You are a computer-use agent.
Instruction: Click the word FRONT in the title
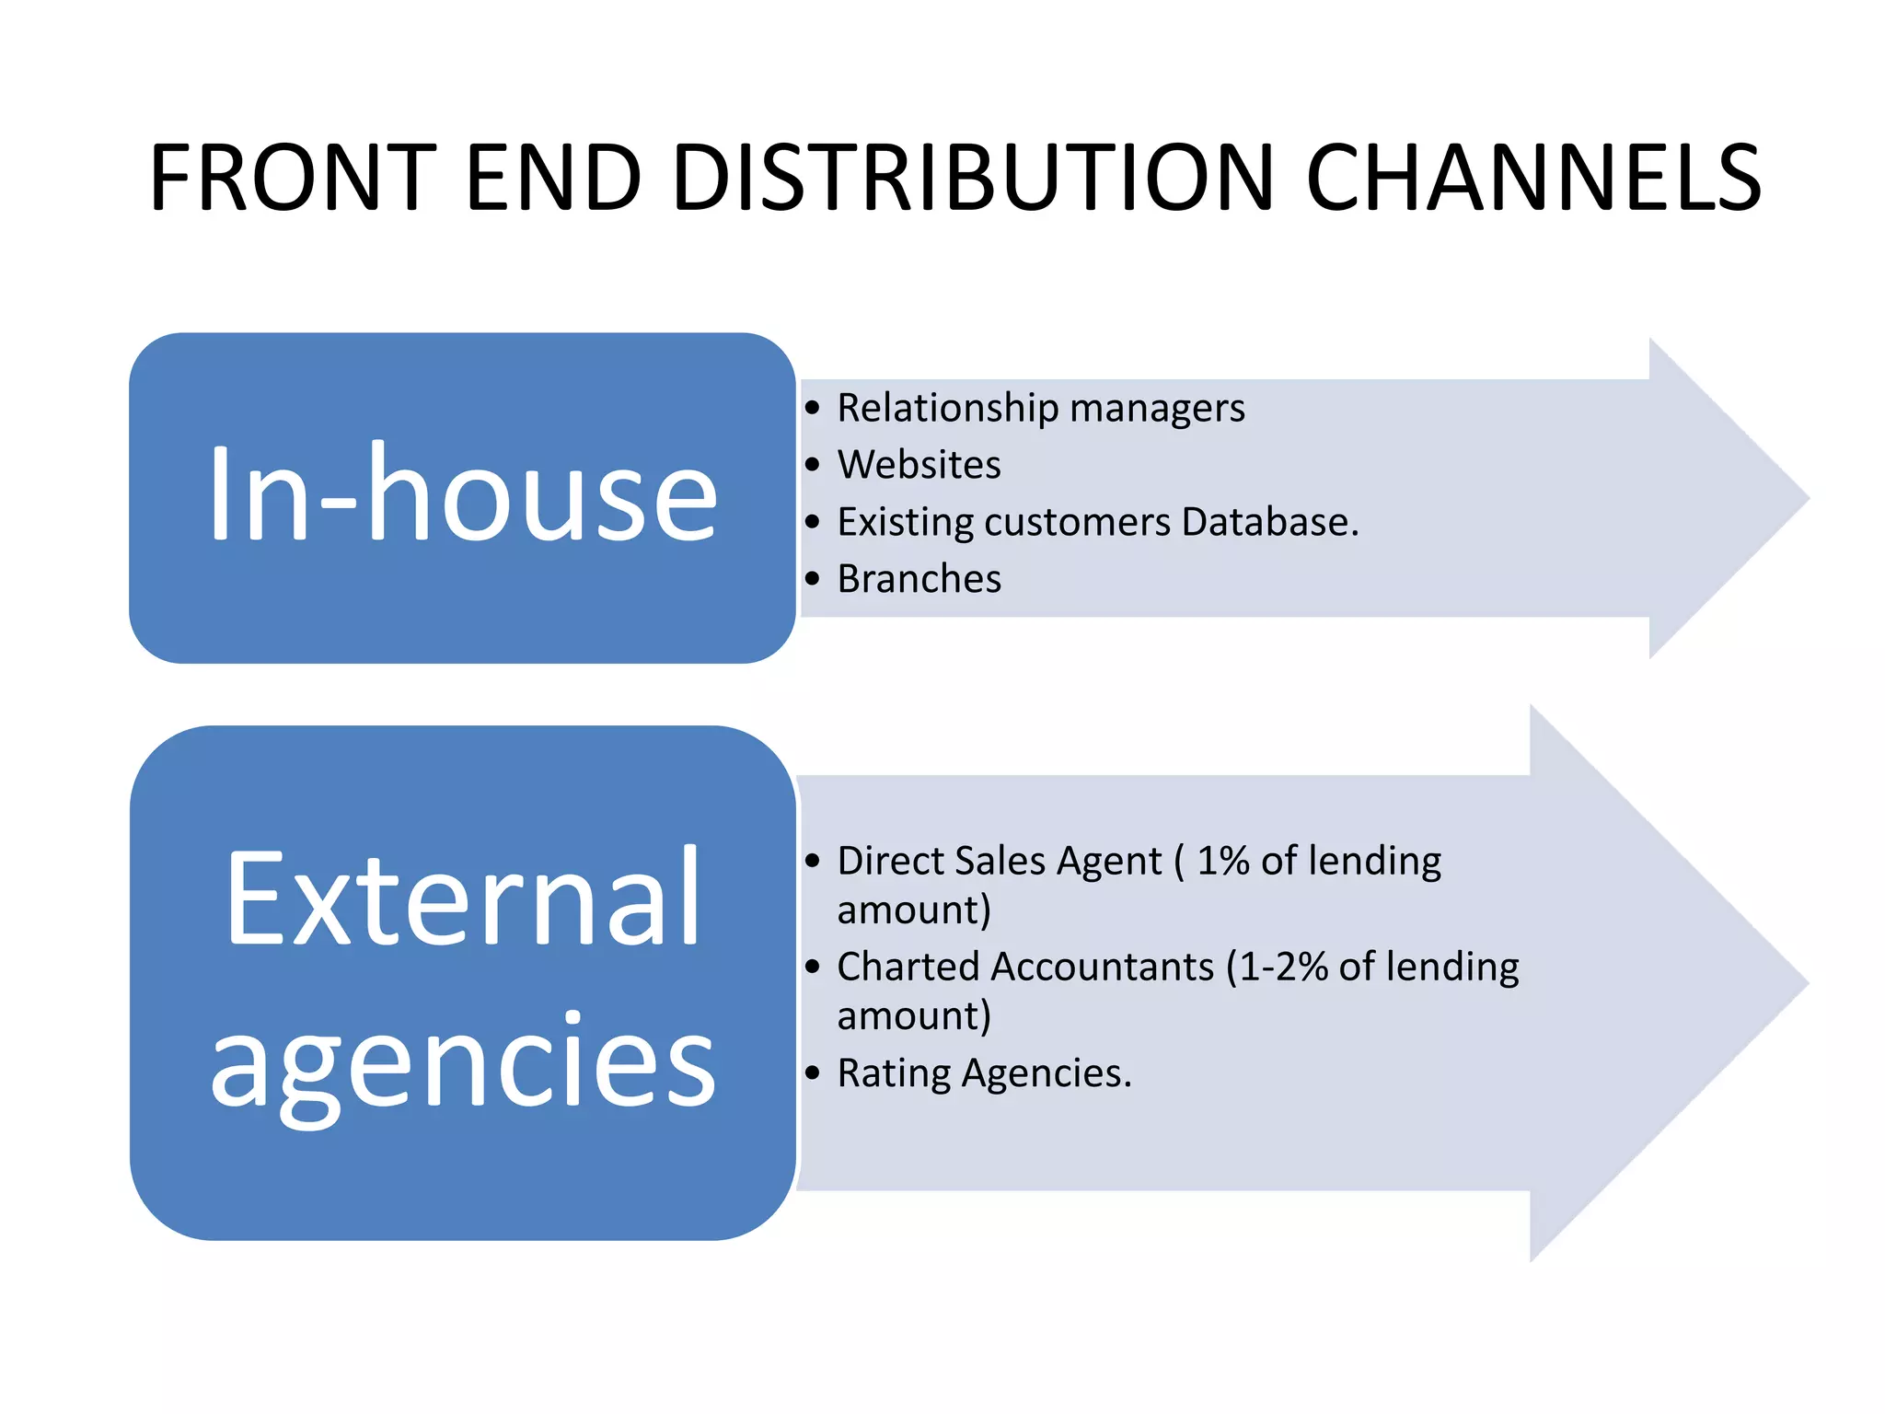tap(293, 177)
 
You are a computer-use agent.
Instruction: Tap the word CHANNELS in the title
tap(1533, 177)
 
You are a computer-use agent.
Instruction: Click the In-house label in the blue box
tap(462, 494)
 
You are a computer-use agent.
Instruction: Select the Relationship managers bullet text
tap(1040, 408)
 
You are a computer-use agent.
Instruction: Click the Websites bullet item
tap(919, 465)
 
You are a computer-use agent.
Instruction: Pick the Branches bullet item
tap(919, 579)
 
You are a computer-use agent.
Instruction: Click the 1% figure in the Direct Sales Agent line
tap(1222, 862)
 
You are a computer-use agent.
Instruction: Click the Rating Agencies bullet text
tap(983, 1073)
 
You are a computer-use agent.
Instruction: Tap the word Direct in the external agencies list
tap(890, 862)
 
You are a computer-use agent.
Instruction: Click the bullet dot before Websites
tap(812, 465)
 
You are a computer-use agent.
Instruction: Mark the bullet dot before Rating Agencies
tap(812, 1073)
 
